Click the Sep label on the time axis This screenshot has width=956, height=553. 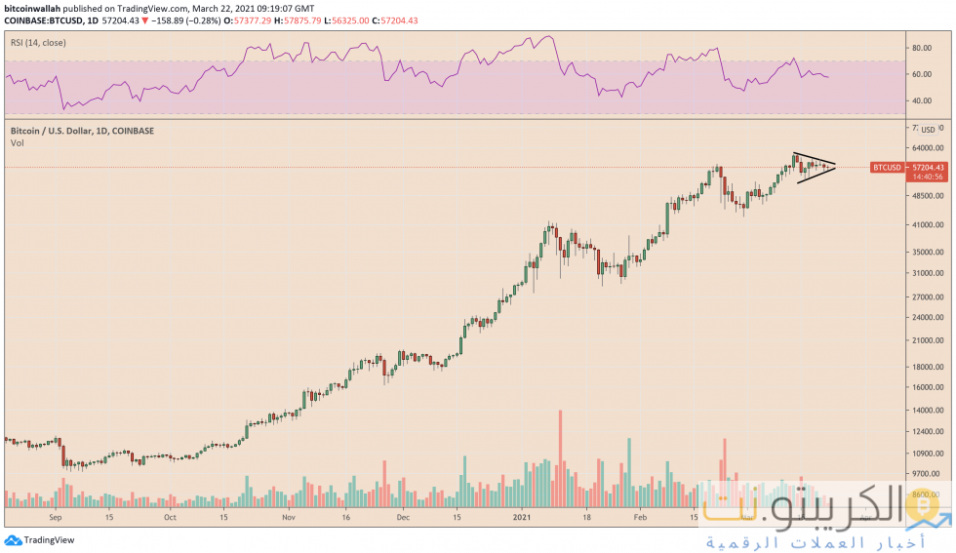[x=55, y=519]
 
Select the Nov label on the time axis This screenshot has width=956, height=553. [x=288, y=519]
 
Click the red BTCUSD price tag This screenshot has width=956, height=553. [x=887, y=168]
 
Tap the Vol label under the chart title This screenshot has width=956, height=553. [x=17, y=143]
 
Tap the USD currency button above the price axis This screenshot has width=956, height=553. [x=928, y=129]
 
